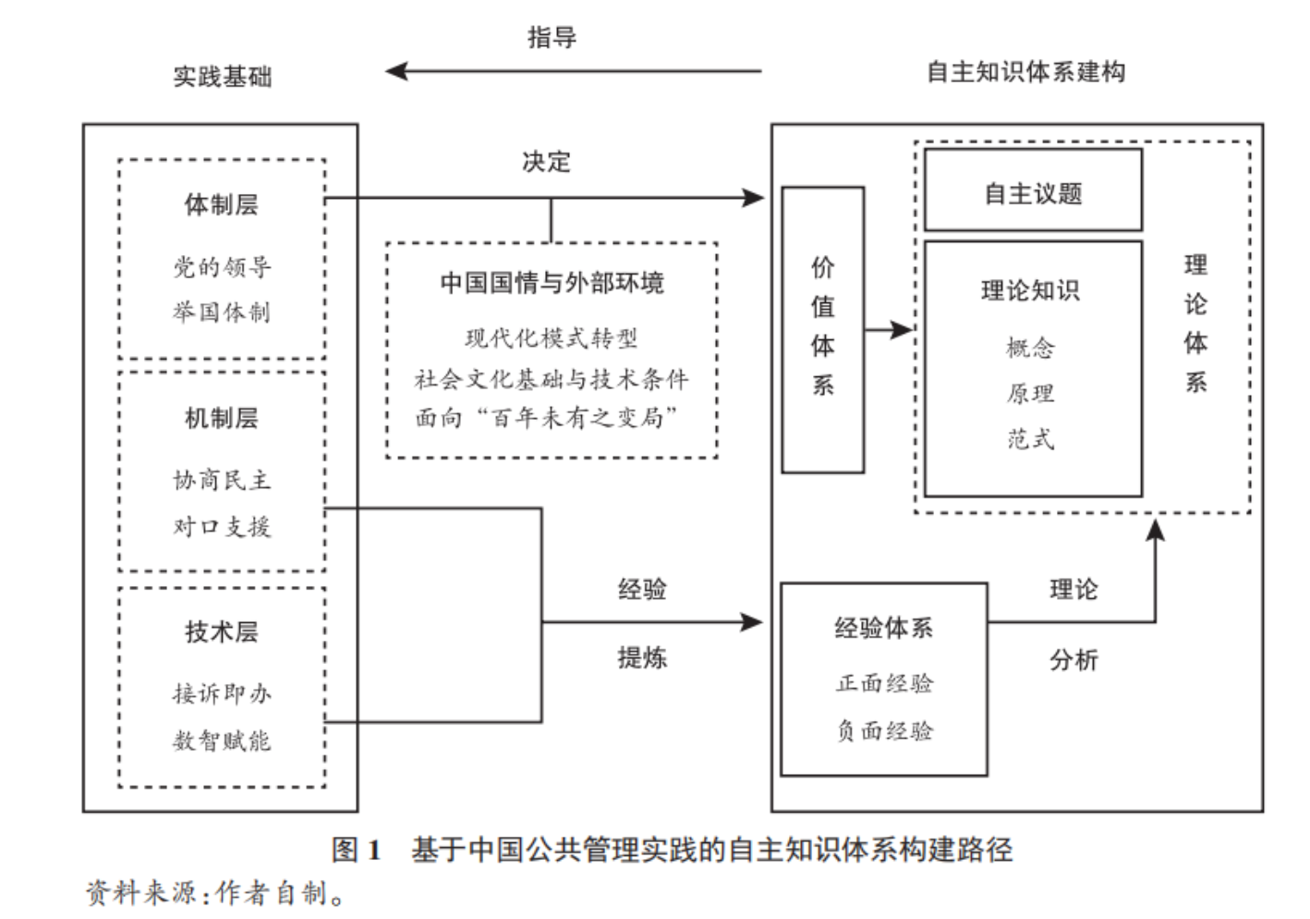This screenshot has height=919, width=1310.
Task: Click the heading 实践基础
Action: [x=223, y=76]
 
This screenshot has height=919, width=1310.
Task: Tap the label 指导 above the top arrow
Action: [x=552, y=37]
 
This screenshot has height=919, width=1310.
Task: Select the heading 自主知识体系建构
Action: [x=1025, y=72]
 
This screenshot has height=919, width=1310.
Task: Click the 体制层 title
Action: [x=222, y=204]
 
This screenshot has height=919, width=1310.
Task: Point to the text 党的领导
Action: [x=222, y=267]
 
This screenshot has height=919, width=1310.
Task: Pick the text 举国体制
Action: [x=222, y=312]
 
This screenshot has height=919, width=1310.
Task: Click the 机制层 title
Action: [x=222, y=418]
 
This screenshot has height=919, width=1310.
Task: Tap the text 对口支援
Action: [x=222, y=527]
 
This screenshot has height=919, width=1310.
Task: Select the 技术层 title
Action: [x=222, y=632]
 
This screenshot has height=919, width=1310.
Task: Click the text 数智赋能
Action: [x=222, y=741]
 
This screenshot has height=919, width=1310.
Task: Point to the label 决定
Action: [x=546, y=162]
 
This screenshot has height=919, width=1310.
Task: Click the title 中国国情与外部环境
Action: [x=552, y=283]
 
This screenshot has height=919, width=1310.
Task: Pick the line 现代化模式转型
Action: [x=552, y=338]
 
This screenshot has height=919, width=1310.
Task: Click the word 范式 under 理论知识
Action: [x=1031, y=439]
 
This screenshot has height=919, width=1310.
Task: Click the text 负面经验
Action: [x=884, y=731]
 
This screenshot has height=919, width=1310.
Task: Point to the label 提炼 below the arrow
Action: [x=642, y=658]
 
